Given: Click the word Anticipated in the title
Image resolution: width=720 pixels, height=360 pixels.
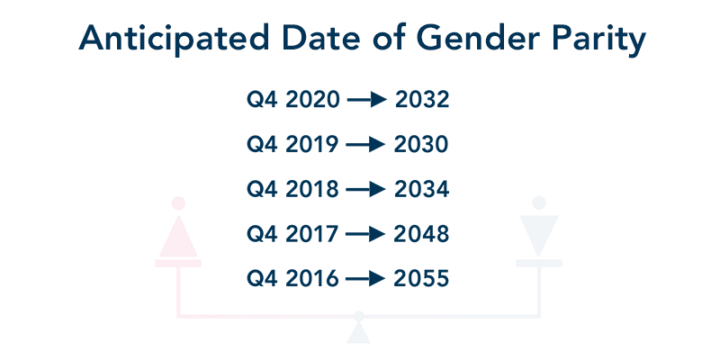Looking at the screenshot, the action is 174,39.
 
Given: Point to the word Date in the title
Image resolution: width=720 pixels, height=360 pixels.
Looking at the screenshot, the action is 321,38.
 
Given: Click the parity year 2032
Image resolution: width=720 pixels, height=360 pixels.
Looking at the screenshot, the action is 422,100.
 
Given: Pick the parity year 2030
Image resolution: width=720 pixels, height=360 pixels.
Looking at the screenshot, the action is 421,145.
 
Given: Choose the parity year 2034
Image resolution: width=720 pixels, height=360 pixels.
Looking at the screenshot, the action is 421,189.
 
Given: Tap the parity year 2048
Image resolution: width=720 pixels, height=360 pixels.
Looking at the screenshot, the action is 421,234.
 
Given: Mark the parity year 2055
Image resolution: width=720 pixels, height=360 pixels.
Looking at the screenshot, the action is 421,279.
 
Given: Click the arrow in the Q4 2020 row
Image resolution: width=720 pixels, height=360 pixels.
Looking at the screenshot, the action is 367,100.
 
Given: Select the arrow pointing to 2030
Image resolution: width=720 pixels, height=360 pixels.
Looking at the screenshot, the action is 365,145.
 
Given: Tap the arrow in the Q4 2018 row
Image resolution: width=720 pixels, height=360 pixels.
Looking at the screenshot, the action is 365,189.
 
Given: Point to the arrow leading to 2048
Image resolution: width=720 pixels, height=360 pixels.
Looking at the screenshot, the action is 365,234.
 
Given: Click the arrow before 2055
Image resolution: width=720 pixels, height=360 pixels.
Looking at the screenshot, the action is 365,279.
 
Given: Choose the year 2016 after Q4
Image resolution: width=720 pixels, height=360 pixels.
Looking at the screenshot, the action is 312,279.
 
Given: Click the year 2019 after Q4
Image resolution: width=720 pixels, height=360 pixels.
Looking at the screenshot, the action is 312,145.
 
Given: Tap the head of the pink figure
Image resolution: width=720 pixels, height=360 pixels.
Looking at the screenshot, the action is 178,203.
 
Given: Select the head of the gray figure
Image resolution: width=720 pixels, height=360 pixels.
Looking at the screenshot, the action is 538,202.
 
